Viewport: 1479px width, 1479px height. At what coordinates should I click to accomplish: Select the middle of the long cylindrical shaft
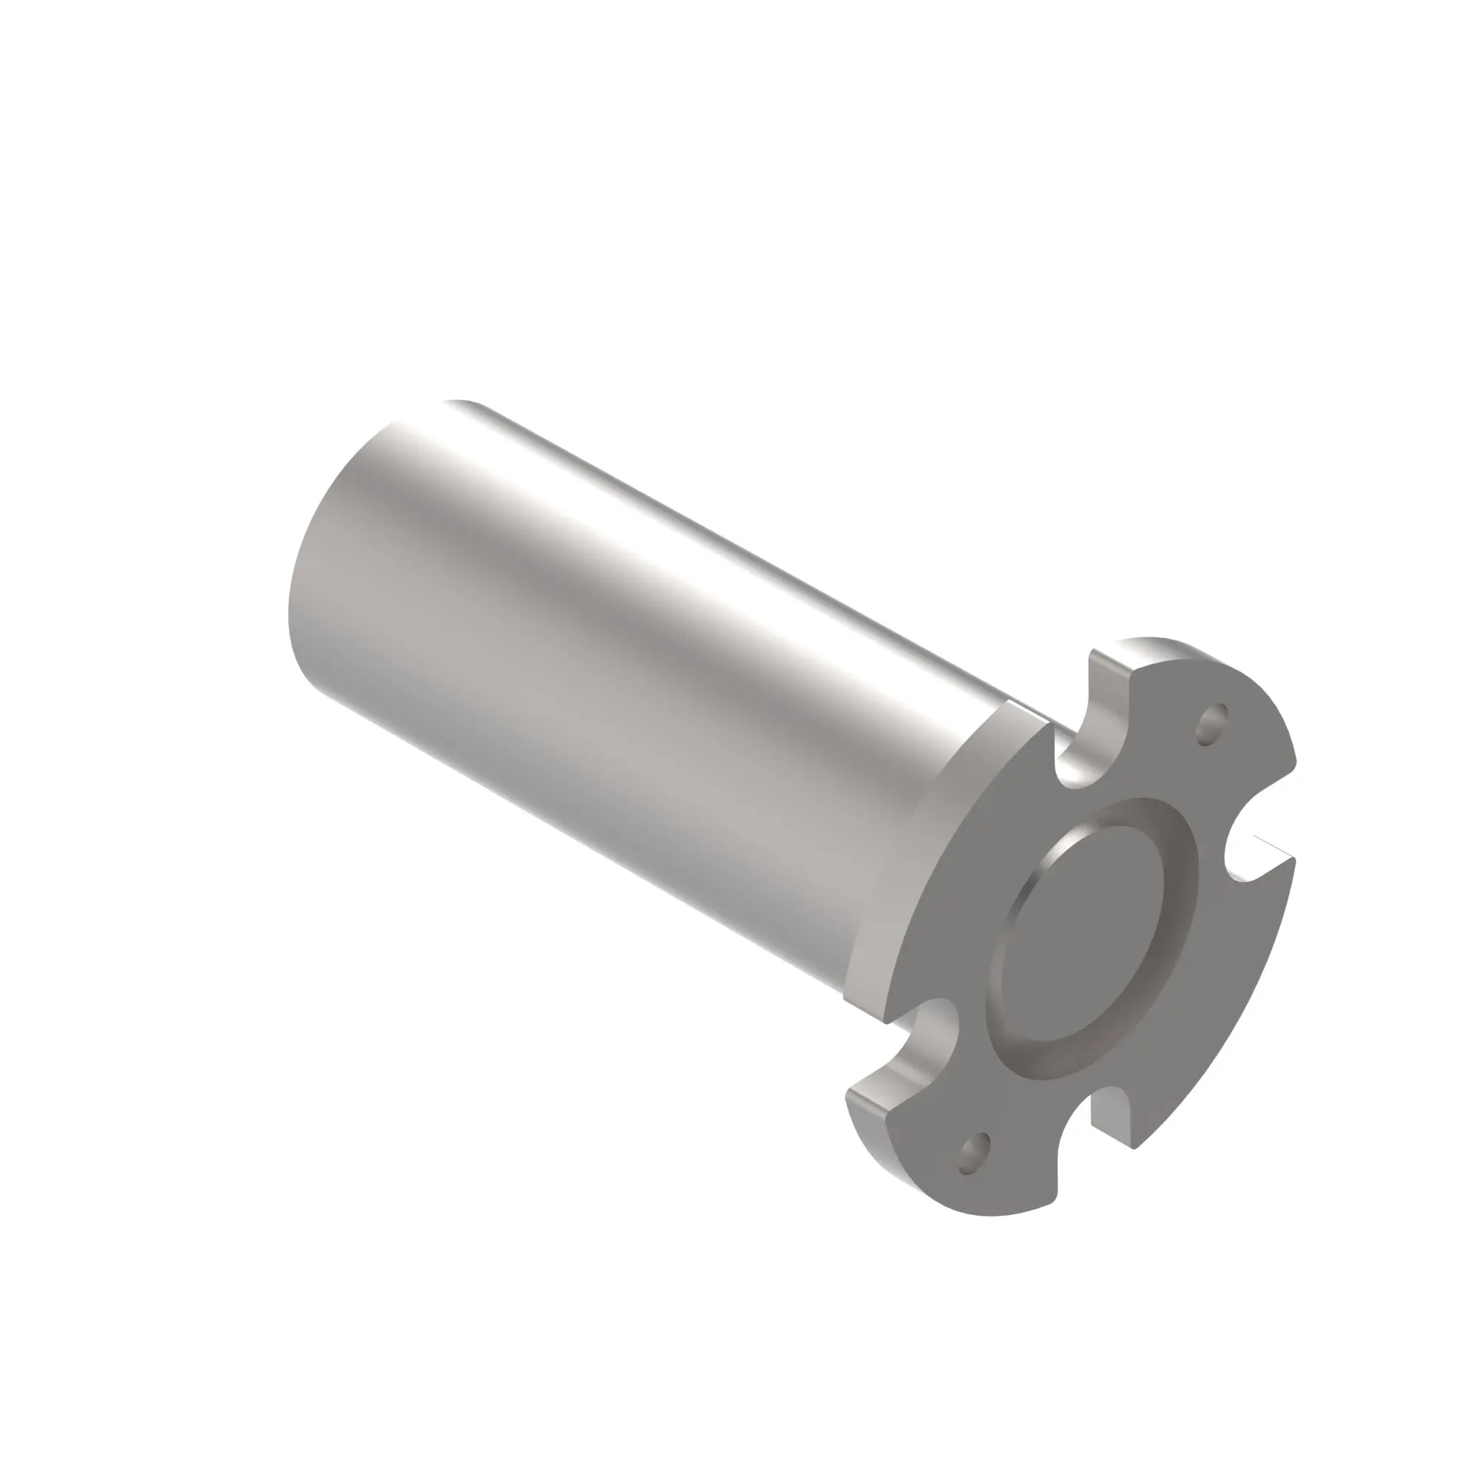click(x=612, y=689)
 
